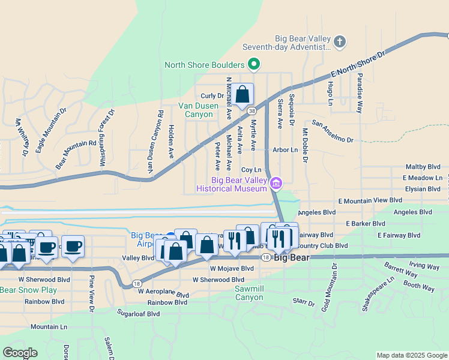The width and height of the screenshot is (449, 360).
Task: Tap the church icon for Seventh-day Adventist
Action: coord(340,41)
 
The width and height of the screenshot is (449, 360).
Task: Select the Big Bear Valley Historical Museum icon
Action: coord(276,182)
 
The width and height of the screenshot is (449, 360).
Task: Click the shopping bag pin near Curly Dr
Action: coord(243,95)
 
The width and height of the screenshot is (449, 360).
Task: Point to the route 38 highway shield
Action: coord(252,110)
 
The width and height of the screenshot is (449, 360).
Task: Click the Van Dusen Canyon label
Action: coord(198,110)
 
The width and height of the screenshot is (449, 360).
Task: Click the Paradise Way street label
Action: coord(360,93)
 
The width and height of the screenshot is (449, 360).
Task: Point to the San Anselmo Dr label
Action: coord(333,133)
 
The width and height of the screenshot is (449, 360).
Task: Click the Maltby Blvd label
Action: coord(423,167)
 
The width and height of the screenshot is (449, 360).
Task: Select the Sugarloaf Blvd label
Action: coord(139,313)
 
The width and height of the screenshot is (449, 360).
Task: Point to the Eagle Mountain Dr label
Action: coord(50,131)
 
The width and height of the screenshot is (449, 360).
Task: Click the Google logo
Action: coord(20,352)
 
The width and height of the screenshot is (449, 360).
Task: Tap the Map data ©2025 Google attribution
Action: coord(411,355)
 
